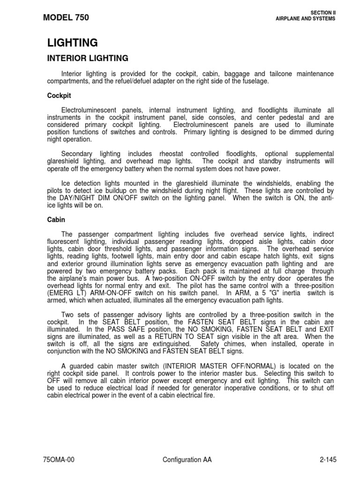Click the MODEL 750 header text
pos(65,18)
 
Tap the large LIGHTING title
pos(73,43)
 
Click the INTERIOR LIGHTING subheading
pos(88,59)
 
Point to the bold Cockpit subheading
pos(59,95)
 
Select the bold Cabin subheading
pos(56,219)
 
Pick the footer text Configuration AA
pos(187,460)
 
